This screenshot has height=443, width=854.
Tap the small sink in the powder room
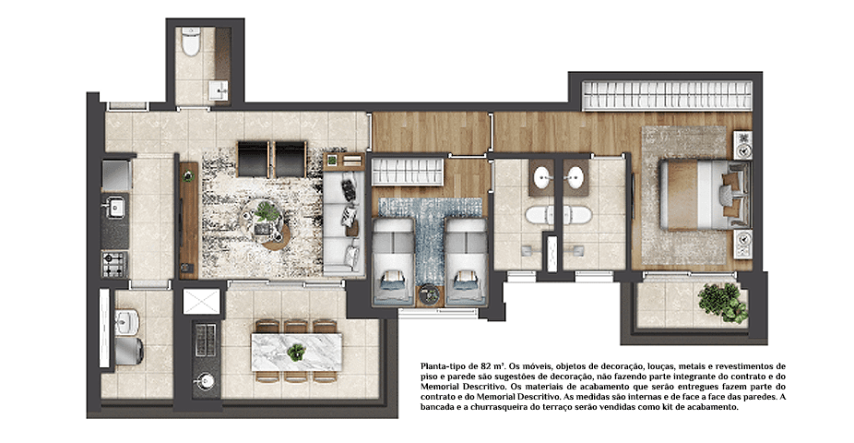click(x=218, y=90)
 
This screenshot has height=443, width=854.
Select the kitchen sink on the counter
click(x=115, y=207)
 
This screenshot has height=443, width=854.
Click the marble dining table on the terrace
click(x=296, y=351)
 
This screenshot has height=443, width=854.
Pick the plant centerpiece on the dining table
click(x=296, y=352)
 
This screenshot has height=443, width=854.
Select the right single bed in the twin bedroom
click(x=465, y=259)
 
